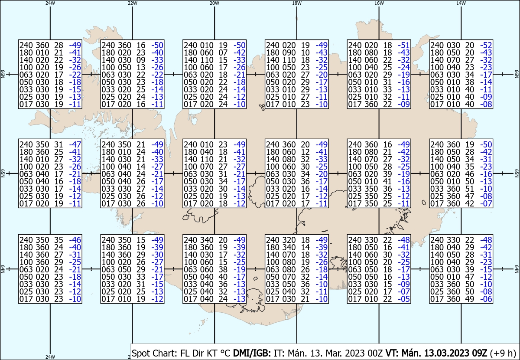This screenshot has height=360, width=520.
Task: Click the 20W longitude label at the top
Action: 214,3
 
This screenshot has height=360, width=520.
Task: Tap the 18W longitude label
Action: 297,3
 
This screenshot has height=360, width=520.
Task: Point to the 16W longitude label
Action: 379,3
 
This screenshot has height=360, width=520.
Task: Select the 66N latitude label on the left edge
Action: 3,74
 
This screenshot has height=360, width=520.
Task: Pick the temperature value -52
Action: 486,45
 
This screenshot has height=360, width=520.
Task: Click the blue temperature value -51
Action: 404,45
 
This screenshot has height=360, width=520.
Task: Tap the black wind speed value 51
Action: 470,189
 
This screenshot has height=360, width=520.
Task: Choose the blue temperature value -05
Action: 404,299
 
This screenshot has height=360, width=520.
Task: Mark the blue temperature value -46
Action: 75,240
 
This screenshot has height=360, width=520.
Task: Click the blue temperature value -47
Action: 75,144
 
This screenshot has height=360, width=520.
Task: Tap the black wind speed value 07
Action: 223,53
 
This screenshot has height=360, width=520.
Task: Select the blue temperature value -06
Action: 486,299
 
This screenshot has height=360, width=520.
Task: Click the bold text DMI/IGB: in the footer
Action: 252,353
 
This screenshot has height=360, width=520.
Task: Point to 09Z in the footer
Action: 479,353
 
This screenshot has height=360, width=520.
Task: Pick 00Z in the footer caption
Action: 375,353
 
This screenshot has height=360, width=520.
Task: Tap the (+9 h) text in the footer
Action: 503,353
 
